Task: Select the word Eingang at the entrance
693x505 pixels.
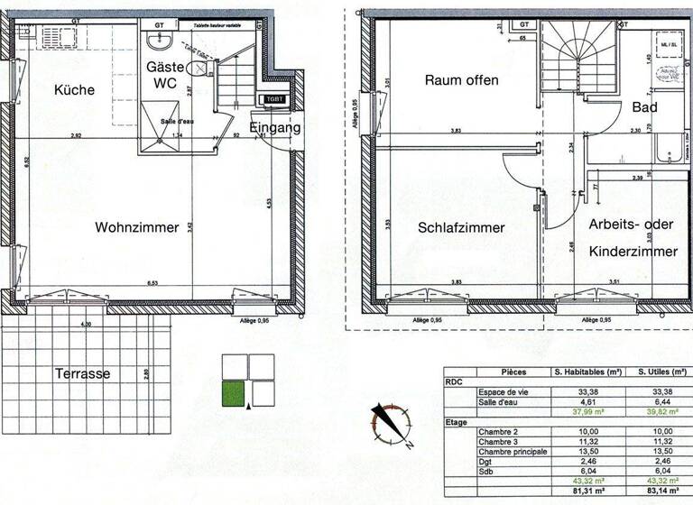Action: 274,128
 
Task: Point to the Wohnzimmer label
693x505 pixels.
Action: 137,228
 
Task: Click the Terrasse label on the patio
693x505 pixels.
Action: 83,373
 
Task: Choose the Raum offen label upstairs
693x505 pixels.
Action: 461,80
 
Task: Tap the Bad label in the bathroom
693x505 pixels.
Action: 644,107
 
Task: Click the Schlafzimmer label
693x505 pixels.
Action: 461,228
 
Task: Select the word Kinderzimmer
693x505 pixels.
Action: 633,252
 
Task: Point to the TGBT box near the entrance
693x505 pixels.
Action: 273,100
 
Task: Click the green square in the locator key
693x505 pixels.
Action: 234,394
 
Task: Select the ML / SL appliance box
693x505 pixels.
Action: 669,44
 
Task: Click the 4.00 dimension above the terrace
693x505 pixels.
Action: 87,324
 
